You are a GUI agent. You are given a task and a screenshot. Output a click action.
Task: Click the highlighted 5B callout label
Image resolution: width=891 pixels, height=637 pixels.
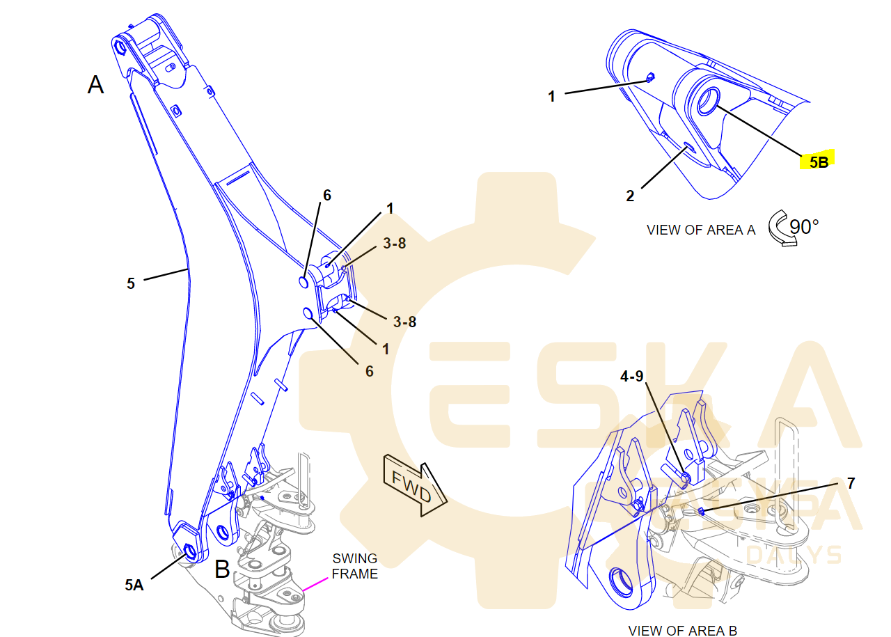[x=818, y=162]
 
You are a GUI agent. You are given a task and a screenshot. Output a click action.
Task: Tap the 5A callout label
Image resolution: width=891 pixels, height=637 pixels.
[x=134, y=585]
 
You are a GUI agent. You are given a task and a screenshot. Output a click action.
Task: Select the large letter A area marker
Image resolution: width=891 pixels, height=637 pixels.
[x=95, y=85]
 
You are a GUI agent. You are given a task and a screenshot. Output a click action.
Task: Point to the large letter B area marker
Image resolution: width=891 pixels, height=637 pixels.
[x=222, y=569]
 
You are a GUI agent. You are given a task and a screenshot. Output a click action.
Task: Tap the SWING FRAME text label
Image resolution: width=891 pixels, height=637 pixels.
[x=355, y=566]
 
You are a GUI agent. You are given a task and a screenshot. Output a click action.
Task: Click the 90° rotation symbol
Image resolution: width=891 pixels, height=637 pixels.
[x=794, y=228]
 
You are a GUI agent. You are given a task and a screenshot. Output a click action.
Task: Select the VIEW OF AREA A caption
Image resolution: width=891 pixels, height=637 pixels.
[x=700, y=230]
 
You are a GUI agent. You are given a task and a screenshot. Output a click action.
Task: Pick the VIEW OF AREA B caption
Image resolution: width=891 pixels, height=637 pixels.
[x=682, y=631]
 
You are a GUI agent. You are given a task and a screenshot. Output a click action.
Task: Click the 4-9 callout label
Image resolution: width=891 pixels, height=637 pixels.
[x=632, y=376]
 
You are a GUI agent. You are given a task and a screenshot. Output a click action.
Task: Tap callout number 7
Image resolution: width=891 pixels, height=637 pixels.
[x=851, y=482]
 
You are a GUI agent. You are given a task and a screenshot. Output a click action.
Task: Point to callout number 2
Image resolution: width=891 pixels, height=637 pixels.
[x=630, y=196]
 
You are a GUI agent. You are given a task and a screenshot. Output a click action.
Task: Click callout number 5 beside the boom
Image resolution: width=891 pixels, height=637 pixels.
[x=131, y=283]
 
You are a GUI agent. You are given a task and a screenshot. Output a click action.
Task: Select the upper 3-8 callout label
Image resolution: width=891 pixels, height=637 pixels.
[x=394, y=244]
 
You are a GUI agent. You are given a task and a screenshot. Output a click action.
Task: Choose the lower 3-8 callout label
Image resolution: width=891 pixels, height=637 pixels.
[x=405, y=322]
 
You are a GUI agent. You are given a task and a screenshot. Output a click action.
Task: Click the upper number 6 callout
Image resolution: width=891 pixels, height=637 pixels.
[x=326, y=196]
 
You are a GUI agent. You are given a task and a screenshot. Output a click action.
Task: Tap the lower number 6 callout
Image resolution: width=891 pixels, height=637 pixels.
[x=369, y=371]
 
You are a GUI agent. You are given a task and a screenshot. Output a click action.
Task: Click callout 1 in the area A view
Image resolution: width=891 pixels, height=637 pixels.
[x=551, y=96]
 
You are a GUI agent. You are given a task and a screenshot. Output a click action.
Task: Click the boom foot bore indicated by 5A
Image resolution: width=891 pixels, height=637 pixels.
[x=189, y=553]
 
